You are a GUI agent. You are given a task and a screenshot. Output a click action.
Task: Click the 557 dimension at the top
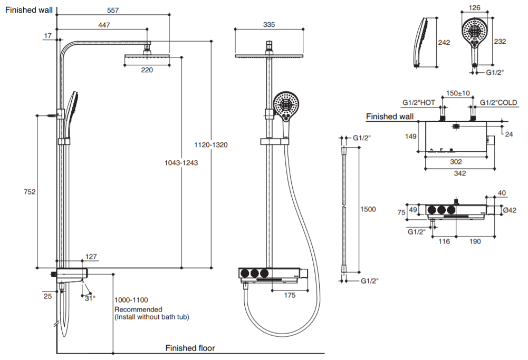tap(113, 10)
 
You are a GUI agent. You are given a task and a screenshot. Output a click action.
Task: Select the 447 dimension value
tap(104, 25)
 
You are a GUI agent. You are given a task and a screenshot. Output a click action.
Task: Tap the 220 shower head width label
tap(147, 70)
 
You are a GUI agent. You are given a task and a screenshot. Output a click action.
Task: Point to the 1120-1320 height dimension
tap(211, 144)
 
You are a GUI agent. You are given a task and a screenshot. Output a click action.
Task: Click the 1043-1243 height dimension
tap(181, 163)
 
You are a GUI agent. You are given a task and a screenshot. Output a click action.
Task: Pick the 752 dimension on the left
tap(30, 192)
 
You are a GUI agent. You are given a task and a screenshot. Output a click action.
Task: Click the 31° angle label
tap(90, 298)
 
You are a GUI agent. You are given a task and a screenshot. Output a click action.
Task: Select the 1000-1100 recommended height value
tap(131, 300)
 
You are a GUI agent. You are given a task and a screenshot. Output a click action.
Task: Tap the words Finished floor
tap(190, 348)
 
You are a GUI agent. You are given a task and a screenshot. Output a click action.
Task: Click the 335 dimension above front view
tap(269, 25)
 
